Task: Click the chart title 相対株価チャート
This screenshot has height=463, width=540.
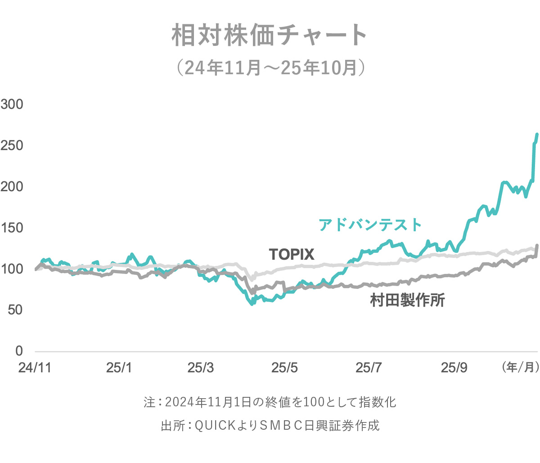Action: click(270, 35)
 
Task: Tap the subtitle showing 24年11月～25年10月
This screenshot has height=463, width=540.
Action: click(270, 68)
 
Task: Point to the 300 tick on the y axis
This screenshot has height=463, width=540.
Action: click(12, 104)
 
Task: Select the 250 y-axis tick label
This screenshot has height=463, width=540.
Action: click(12, 145)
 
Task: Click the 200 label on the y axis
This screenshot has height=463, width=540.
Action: click(12, 186)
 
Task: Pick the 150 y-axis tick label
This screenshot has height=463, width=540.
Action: click(12, 228)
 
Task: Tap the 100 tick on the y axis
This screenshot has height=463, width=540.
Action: click(12, 269)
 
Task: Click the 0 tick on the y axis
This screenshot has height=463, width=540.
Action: click(18, 351)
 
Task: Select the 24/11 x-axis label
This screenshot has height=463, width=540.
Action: click(35, 368)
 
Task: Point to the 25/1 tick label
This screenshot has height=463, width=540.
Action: click(119, 368)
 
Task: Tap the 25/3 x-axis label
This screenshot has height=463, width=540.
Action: click(201, 368)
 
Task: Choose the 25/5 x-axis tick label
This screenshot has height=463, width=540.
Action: click(284, 368)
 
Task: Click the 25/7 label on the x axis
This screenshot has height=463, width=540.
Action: click(369, 368)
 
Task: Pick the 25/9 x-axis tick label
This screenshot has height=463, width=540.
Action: click(454, 368)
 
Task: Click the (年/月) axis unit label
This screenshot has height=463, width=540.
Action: click(520, 367)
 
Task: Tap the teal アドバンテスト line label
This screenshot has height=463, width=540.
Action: click(370, 225)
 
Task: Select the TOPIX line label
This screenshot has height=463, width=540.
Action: click(292, 255)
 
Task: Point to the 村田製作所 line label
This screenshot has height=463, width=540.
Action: click(407, 300)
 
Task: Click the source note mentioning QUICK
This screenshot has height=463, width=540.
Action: click(270, 425)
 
